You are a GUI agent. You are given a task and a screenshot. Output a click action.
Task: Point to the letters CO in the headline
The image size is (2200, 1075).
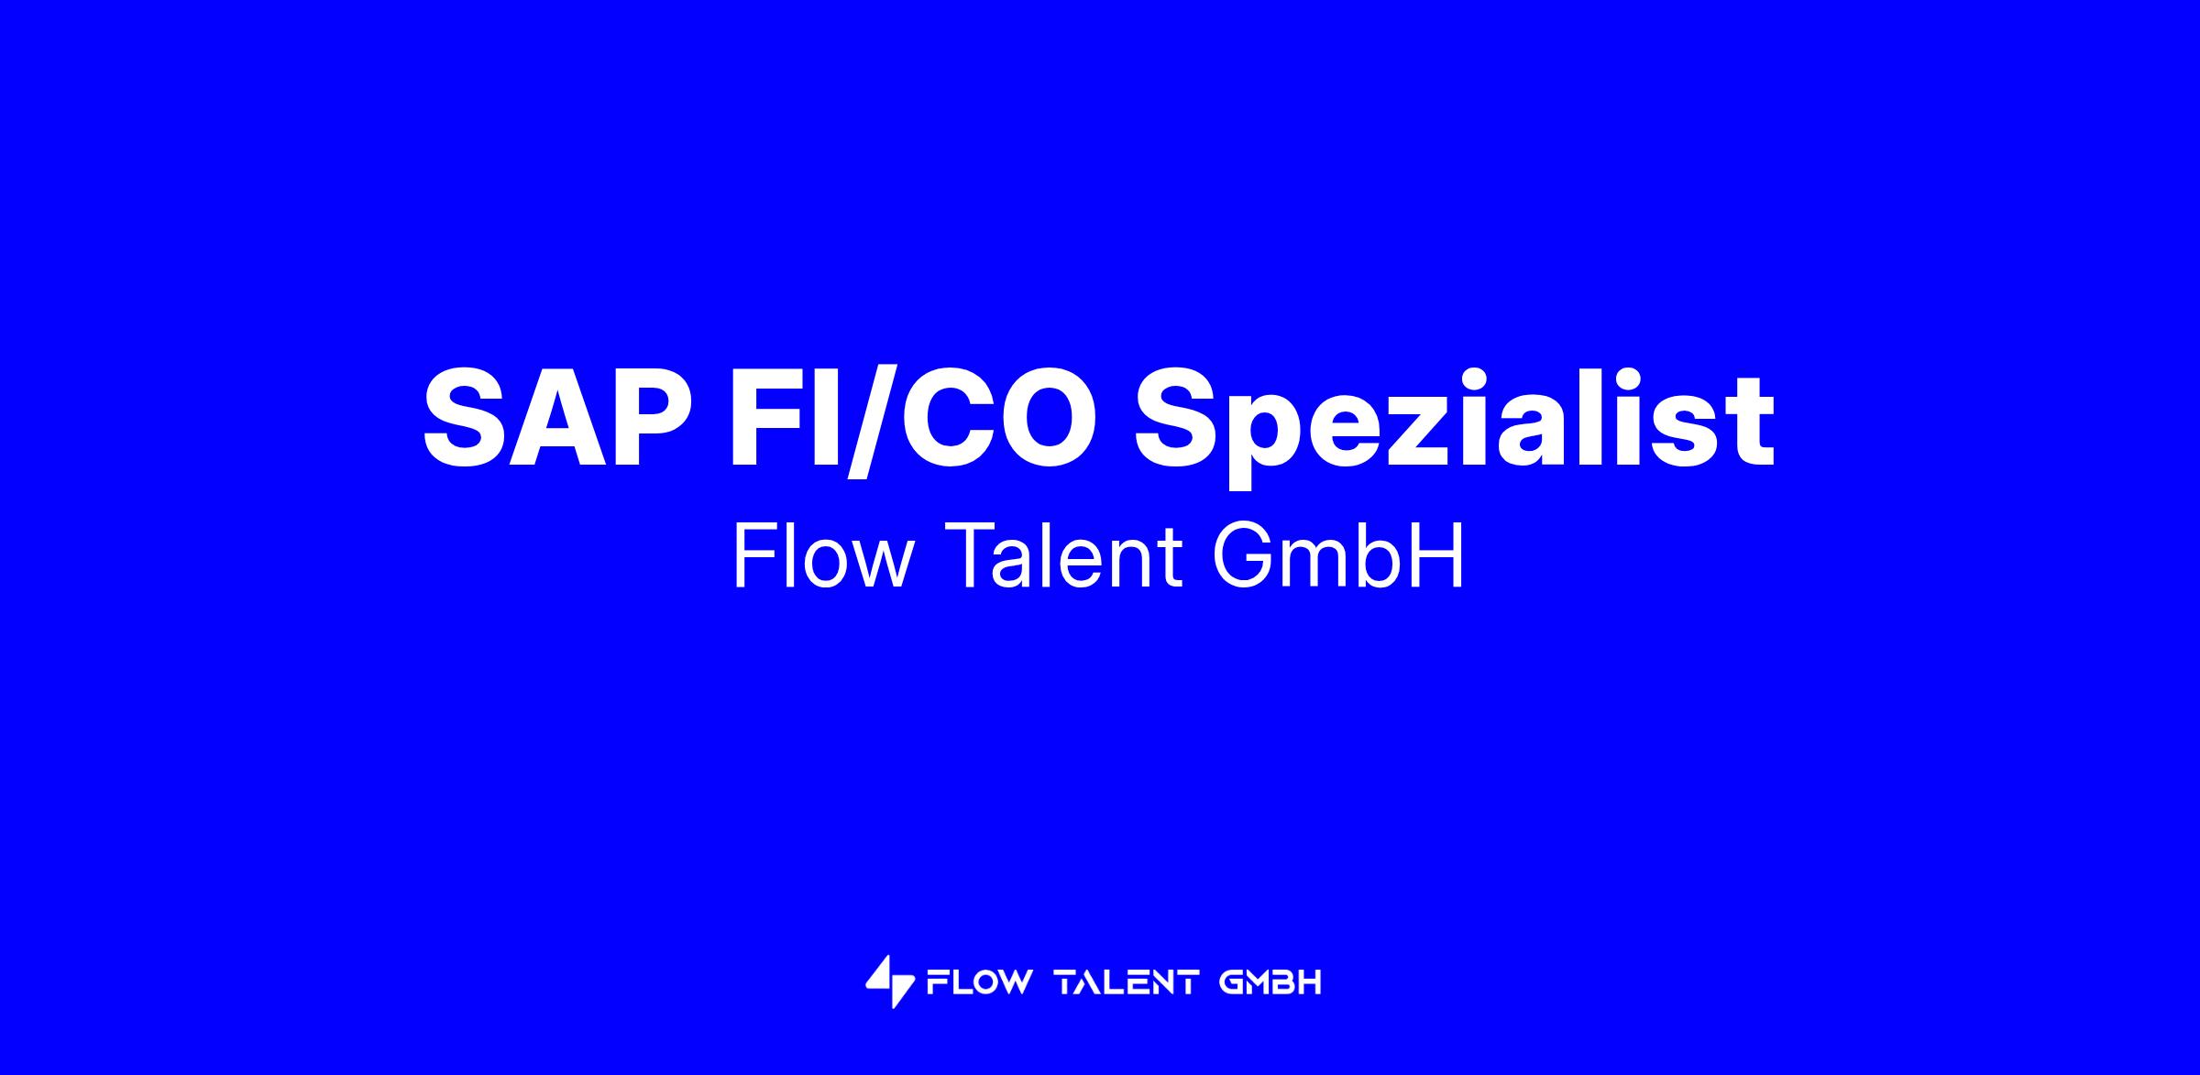click(1000, 417)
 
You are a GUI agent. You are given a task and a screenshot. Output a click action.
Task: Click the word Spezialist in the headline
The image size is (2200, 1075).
click(1456, 422)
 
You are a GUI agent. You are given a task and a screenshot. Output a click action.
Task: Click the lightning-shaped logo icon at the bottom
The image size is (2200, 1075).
click(890, 982)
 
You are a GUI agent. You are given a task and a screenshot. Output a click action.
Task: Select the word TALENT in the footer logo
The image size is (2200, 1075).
click(1127, 982)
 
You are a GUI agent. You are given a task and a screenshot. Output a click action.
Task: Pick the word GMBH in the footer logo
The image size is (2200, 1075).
click(1270, 982)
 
